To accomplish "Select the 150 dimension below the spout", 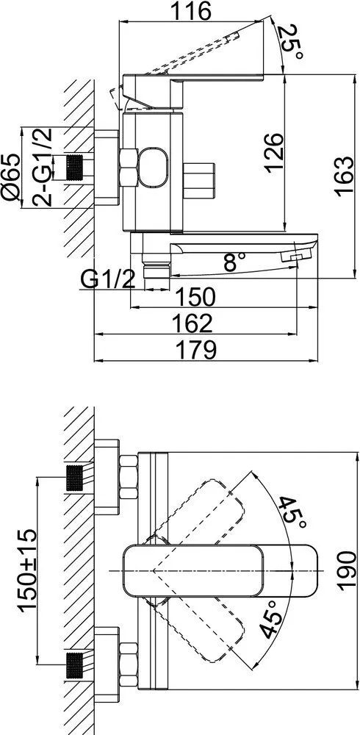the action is (195, 297).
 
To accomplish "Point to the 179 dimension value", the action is (195, 350).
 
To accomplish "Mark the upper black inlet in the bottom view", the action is (74, 478).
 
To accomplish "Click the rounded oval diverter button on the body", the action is (152, 168).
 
